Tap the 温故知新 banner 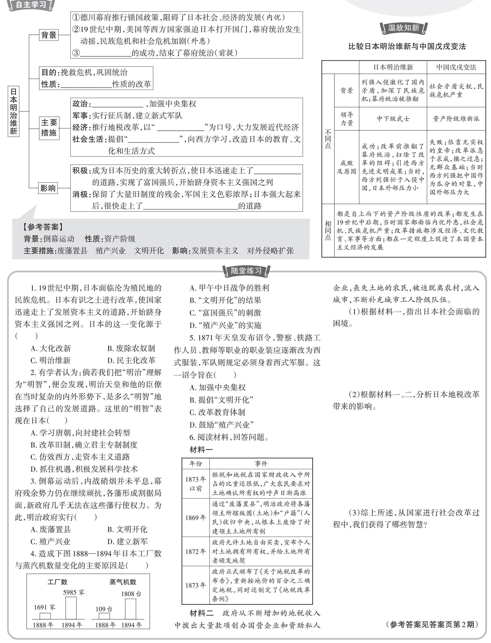pyautogui.click(x=403, y=28)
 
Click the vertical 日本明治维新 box pyautogui.click(x=13, y=111)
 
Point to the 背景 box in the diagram pyautogui.click(x=48, y=35)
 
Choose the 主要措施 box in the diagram pyautogui.click(x=49, y=128)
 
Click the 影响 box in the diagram pyautogui.click(x=48, y=188)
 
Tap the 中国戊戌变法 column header pyautogui.click(x=456, y=67)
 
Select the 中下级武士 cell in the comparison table pyautogui.click(x=393, y=119)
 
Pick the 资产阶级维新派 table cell pyautogui.click(x=456, y=119)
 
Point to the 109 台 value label pyautogui.click(x=104, y=609)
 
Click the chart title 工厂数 pyautogui.click(x=57, y=582)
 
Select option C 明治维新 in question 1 pyautogui.click(x=51, y=360)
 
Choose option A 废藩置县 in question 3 pyautogui.click(x=51, y=529)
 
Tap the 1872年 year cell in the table pyautogui.click(x=196, y=552)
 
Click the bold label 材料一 pyautogui.click(x=201, y=450)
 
